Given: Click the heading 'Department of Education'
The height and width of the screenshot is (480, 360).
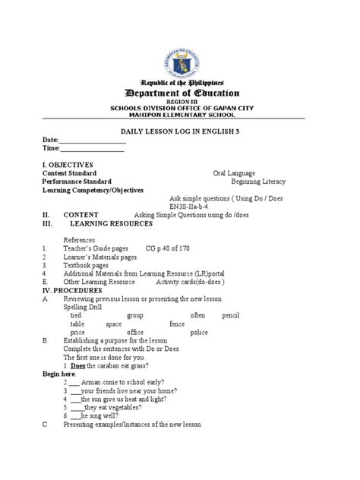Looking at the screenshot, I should [179, 93].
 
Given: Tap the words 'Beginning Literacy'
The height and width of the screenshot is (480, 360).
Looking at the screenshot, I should [261, 182].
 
